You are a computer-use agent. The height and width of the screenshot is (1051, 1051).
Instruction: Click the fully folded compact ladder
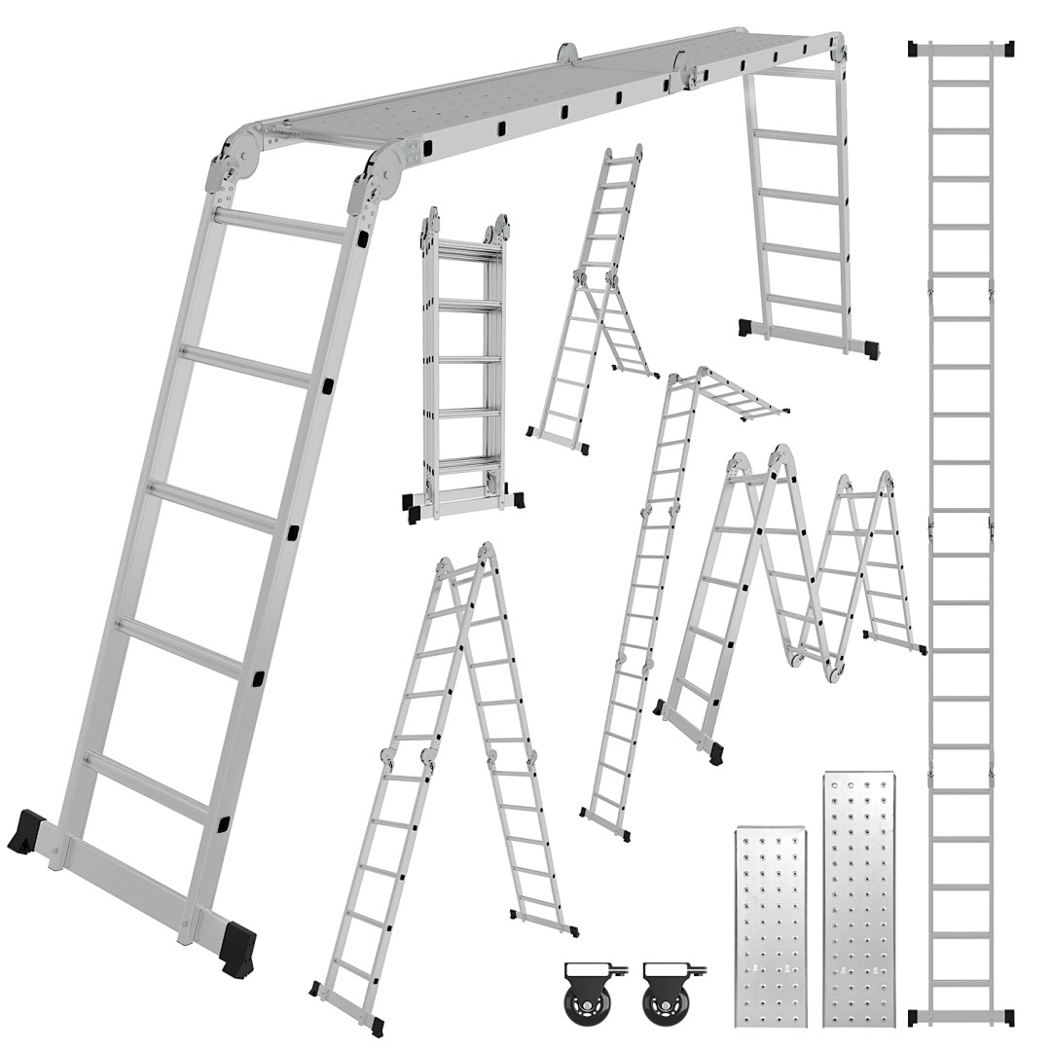point(463,365)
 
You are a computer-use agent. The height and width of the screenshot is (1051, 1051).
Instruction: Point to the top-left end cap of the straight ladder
point(916,48)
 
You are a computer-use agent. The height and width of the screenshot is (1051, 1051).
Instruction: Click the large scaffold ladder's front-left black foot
point(26,833)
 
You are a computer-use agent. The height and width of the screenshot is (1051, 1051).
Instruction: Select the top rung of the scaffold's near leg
point(279,226)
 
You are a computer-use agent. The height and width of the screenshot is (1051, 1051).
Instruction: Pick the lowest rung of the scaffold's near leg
point(146,784)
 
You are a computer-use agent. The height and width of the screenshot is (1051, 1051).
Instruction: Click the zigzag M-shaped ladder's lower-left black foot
point(716,751)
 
